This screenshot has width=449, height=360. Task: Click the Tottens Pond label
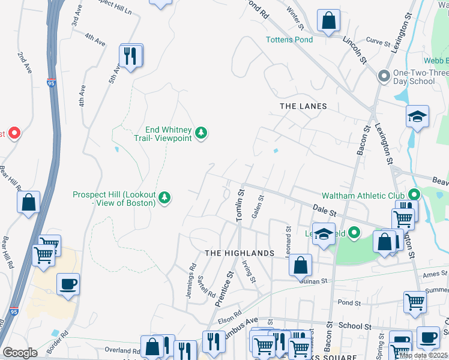(289, 40)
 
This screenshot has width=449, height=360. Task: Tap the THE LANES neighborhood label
(303, 106)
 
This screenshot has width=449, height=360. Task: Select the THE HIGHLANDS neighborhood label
(240, 253)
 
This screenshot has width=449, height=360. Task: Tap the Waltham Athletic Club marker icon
(414, 194)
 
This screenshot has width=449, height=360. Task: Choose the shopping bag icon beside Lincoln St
(328, 21)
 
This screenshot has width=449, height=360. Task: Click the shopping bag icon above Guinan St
(300, 264)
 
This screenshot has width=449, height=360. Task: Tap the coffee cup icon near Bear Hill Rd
(68, 283)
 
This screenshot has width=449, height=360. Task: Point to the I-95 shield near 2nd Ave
(51, 83)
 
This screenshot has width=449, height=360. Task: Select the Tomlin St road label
(241, 206)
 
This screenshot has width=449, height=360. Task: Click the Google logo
(20, 353)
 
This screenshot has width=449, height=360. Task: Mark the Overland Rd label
(122, 350)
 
